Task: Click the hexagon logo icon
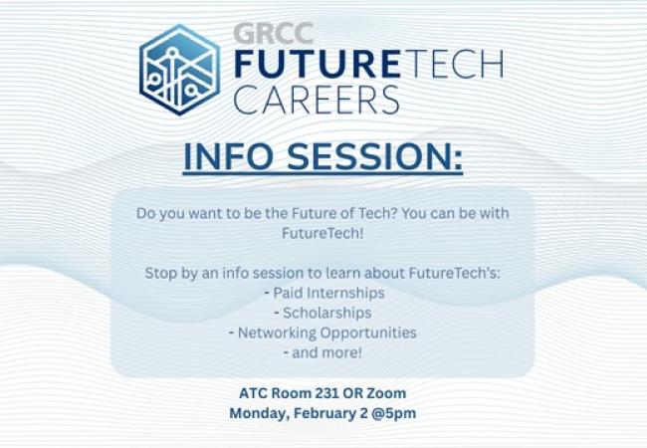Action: pyautogui.click(x=179, y=70)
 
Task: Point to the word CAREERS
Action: pyautogui.click(x=317, y=100)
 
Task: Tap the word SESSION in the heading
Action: pyautogui.click(x=375, y=159)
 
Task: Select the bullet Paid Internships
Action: pyautogui.click(x=323, y=293)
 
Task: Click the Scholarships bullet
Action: pyautogui.click(x=323, y=313)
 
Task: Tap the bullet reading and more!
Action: pyautogui.click(x=323, y=352)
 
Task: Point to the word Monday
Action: pyautogui.click(x=256, y=413)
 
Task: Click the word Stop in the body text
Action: pyautogui.click(x=160, y=272)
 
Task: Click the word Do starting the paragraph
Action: pyautogui.click(x=146, y=212)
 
